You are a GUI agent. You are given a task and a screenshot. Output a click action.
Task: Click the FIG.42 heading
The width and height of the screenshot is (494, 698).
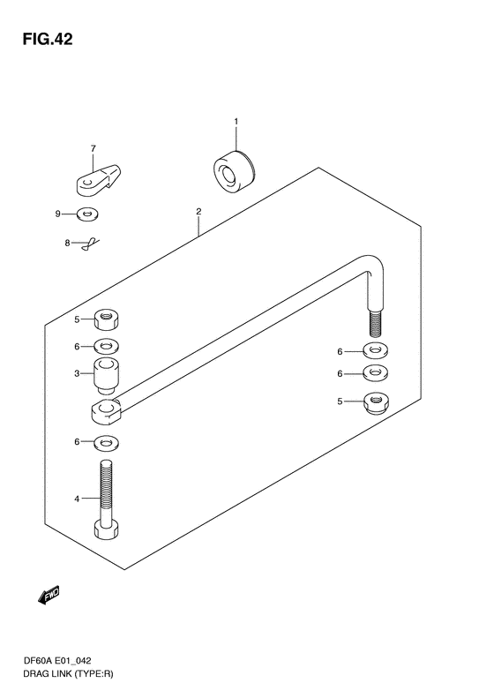[x=48, y=40]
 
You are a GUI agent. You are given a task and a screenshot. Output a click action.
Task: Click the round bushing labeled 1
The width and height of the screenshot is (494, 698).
[x=234, y=172]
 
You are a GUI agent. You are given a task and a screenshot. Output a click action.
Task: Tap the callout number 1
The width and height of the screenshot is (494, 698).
[x=236, y=121]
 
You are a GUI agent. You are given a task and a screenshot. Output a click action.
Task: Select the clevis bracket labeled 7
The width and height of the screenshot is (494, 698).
[x=99, y=179]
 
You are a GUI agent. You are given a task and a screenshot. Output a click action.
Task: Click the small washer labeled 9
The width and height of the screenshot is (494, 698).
[x=87, y=214]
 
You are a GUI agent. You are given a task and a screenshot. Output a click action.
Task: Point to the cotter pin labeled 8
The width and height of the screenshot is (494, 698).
[x=90, y=244]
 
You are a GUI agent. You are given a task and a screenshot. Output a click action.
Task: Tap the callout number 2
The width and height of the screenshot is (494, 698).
[x=198, y=211]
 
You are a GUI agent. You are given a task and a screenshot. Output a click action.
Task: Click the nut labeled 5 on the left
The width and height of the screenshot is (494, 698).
[x=107, y=320]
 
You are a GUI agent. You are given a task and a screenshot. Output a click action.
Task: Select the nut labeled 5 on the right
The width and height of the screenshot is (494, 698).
[x=377, y=402]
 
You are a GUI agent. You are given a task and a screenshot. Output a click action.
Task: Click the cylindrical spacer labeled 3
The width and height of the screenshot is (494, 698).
[x=107, y=376]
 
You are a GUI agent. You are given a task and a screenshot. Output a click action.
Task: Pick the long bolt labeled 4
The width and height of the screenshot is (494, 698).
[x=106, y=499]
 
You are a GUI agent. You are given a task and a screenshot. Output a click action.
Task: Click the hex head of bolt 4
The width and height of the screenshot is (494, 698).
[x=106, y=529]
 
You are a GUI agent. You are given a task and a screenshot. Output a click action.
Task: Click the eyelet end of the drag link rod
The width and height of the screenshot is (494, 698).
[x=107, y=412]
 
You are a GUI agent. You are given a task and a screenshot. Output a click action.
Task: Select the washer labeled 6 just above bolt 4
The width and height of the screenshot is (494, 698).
[x=107, y=442]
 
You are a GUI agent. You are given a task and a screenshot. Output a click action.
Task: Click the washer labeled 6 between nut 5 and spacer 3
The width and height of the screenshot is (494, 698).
[x=107, y=346]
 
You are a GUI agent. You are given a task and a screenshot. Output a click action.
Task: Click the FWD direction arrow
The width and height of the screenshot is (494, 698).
[x=49, y=595]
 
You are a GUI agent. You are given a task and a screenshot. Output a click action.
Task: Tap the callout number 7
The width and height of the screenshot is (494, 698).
[x=93, y=148]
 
